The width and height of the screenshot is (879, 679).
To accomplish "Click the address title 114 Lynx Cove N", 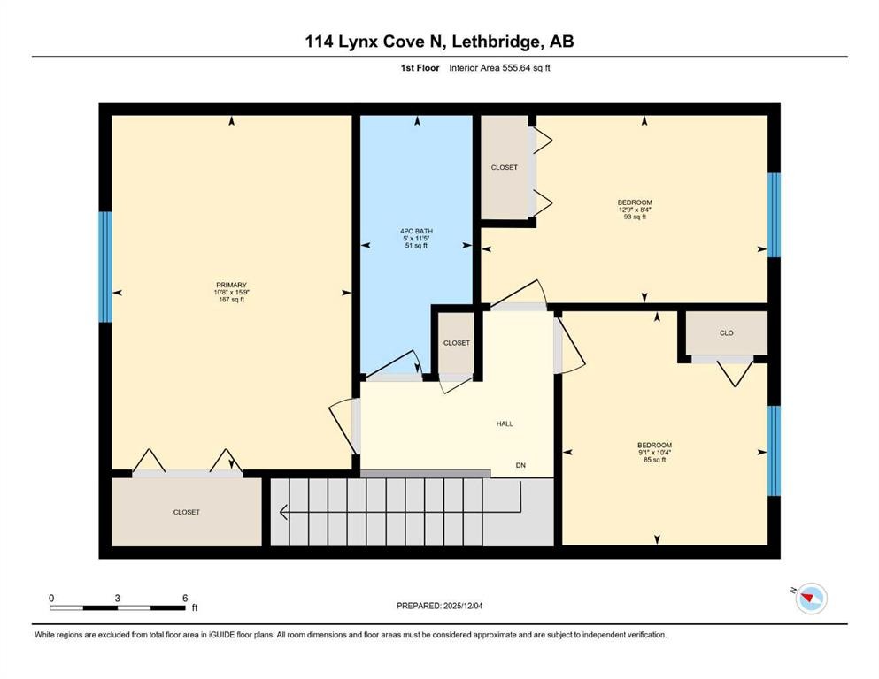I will pyautogui.click(x=439, y=42).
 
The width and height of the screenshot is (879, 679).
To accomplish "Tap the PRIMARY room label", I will pyautogui.click(x=229, y=285).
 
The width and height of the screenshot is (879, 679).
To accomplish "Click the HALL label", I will pyautogui.click(x=504, y=423).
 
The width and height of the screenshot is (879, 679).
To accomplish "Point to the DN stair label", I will pyautogui.click(x=521, y=464).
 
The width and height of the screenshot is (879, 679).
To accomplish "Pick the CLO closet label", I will pyautogui.click(x=726, y=333).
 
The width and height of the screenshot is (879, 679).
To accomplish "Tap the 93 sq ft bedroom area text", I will pyautogui.click(x=635, y=217).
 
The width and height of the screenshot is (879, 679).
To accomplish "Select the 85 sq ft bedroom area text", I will pyautogui.click(x=654, y=460).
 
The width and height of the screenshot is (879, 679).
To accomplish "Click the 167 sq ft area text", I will pyautogui.click(x=229, y=300).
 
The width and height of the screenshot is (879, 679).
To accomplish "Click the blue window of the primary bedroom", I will pyautogui.click(x=105, y=267).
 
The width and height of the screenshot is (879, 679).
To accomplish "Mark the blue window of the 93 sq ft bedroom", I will pyautogui.click(x=774, y=215).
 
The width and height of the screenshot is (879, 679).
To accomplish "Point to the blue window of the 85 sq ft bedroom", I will pyautogui.click(x=774, y=450).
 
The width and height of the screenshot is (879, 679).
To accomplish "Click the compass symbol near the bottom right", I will pyautogui.click(x=810, y=599).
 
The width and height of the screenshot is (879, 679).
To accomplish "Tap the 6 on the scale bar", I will pyautogui.click(x=185, y=598).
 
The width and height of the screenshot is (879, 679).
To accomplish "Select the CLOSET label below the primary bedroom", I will pyautogui.click(x=186, y=512).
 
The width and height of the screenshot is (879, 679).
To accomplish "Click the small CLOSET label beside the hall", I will pyautogui.click(x=456, y=342).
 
